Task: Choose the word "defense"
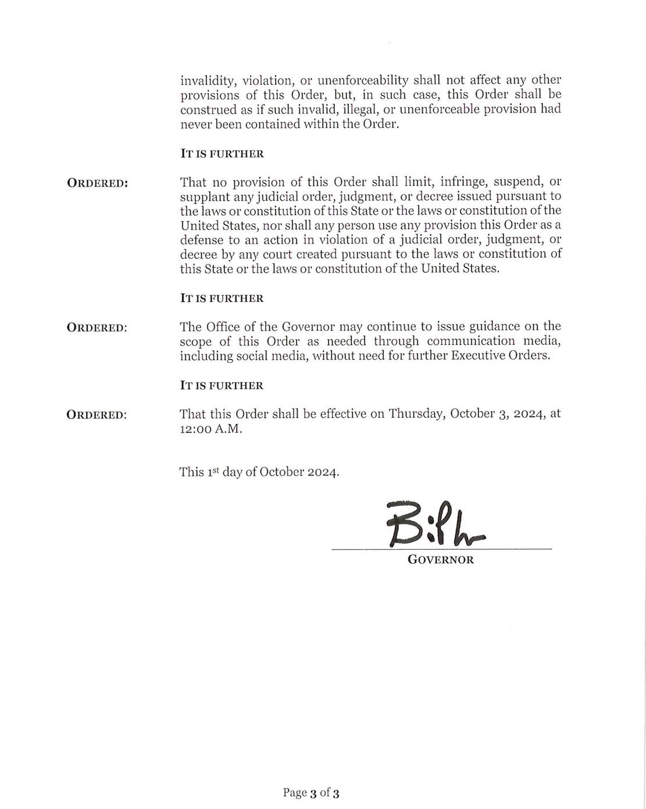pos(202,239)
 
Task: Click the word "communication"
pos(463,341)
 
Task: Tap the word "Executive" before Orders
pos(485,355)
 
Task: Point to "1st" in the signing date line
pos(213,472)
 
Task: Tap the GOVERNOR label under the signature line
pos(441,560)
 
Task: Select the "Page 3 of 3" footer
pos(311,792)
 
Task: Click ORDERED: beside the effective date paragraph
pos(97,415)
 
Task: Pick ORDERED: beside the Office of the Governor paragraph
pos(97,327)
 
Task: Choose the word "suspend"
pos(516,181)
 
